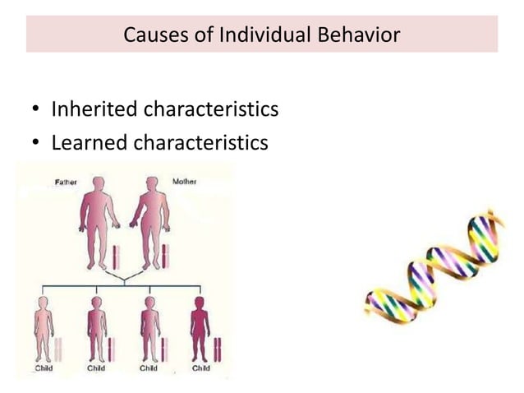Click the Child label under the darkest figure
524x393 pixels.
coord(200,368)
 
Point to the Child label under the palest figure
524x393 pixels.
coord(44,368)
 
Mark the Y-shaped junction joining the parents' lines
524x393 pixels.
coord(124,280)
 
